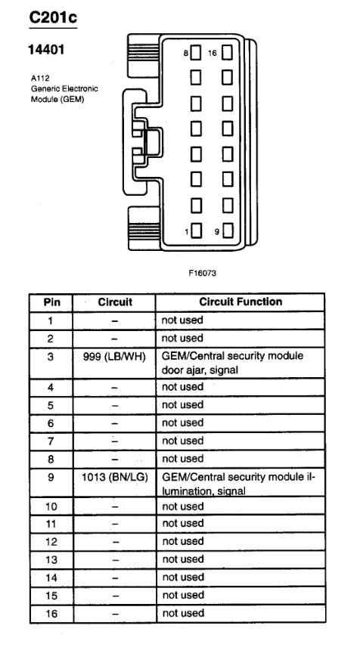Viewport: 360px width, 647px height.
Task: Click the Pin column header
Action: [51, 302]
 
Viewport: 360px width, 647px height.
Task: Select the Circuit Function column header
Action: [241, 302]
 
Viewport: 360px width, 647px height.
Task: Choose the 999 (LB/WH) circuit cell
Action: [114, 356]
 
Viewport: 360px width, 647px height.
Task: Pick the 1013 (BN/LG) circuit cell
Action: [114, 478]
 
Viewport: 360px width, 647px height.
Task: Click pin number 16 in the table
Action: [51, 613]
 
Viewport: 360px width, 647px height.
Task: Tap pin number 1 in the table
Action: [51, 320]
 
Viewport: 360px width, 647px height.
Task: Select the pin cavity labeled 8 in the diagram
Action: [196, 53]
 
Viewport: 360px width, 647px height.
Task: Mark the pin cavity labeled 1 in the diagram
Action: [196, 232]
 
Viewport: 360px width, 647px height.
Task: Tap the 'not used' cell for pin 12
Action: [182, 541]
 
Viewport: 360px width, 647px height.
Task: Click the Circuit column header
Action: [114, 302]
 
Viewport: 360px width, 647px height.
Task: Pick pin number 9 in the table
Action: [51, 478]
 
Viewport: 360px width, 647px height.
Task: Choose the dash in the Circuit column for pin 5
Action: [114, 405]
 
